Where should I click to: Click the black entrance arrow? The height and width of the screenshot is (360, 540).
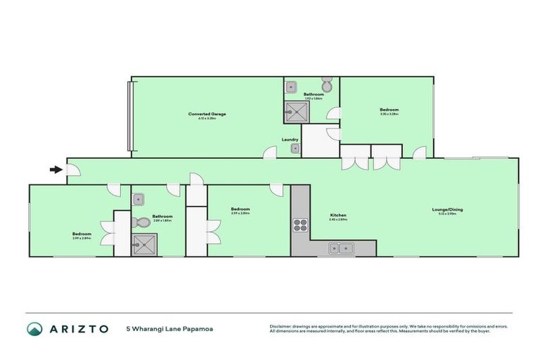56,169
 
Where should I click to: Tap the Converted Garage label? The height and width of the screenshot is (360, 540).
207,114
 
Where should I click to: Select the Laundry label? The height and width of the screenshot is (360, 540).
290,139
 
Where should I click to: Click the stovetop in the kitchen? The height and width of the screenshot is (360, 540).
301,225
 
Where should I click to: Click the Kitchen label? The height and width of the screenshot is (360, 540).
338,215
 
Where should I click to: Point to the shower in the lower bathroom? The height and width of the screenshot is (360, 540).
143,244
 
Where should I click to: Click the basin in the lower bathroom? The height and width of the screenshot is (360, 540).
139,199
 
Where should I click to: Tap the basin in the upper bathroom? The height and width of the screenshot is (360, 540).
292,86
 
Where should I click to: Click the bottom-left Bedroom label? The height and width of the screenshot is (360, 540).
82,234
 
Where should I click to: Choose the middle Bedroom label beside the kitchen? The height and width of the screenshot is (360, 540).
240,209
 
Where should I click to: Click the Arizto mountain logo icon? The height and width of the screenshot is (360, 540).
34,329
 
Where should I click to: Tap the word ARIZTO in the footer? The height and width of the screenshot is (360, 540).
77,329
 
